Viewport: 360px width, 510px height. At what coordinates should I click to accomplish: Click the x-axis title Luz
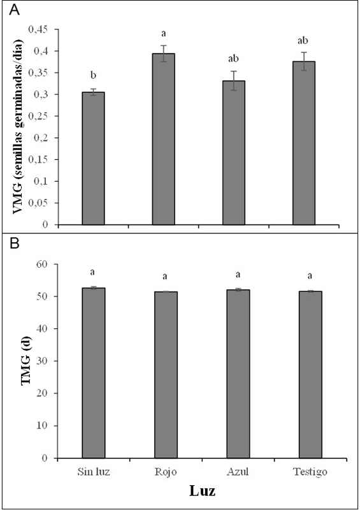(199, 492)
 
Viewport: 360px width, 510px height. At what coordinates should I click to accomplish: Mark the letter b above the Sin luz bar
(93, 80)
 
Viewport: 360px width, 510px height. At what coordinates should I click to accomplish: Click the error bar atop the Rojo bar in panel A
(163, 54)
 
